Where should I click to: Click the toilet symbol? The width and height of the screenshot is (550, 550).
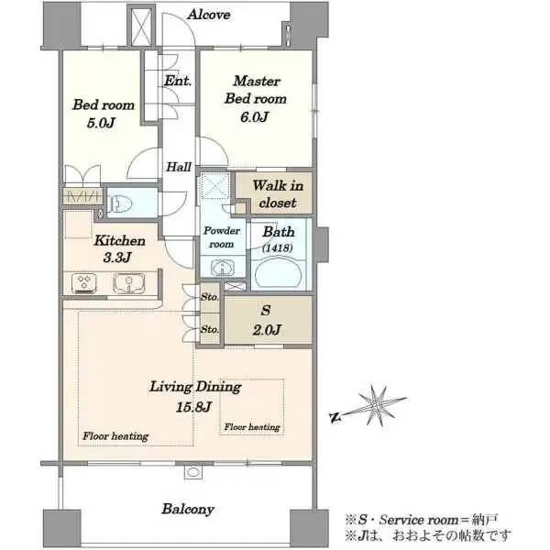tap(120, 203)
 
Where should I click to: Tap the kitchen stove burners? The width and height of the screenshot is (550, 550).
tap(84, 283)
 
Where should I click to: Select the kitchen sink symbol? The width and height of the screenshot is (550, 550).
tap(128, 283)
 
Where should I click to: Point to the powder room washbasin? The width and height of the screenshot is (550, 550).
tap(223, 268)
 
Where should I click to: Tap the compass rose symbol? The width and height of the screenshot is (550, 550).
tap(377, 406)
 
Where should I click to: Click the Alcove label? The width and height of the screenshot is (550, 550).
tap(209, 15)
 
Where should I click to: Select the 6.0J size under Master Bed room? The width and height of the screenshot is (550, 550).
tap(254, 116)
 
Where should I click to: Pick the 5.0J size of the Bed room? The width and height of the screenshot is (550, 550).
tap(101, 123)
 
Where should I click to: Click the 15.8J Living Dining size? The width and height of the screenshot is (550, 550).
tap(193, 407)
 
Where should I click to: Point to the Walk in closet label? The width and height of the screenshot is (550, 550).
tap(278, 194)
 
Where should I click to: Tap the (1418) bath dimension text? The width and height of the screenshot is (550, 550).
tap(278, 248)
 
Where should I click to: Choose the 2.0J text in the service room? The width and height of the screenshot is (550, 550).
tap(267, 330)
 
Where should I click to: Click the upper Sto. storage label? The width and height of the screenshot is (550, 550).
tap(210, 297)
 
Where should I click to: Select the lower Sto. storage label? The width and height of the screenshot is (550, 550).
tap(210, 329)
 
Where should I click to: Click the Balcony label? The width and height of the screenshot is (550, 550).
tap(188, 510)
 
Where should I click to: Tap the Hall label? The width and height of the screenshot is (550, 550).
tap(179, 167)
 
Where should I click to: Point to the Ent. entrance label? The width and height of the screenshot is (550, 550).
tap(178, 81)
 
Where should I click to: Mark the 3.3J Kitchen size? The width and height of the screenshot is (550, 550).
tap(117, 258)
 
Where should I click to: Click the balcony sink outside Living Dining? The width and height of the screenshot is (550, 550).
tap(193, 472)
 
